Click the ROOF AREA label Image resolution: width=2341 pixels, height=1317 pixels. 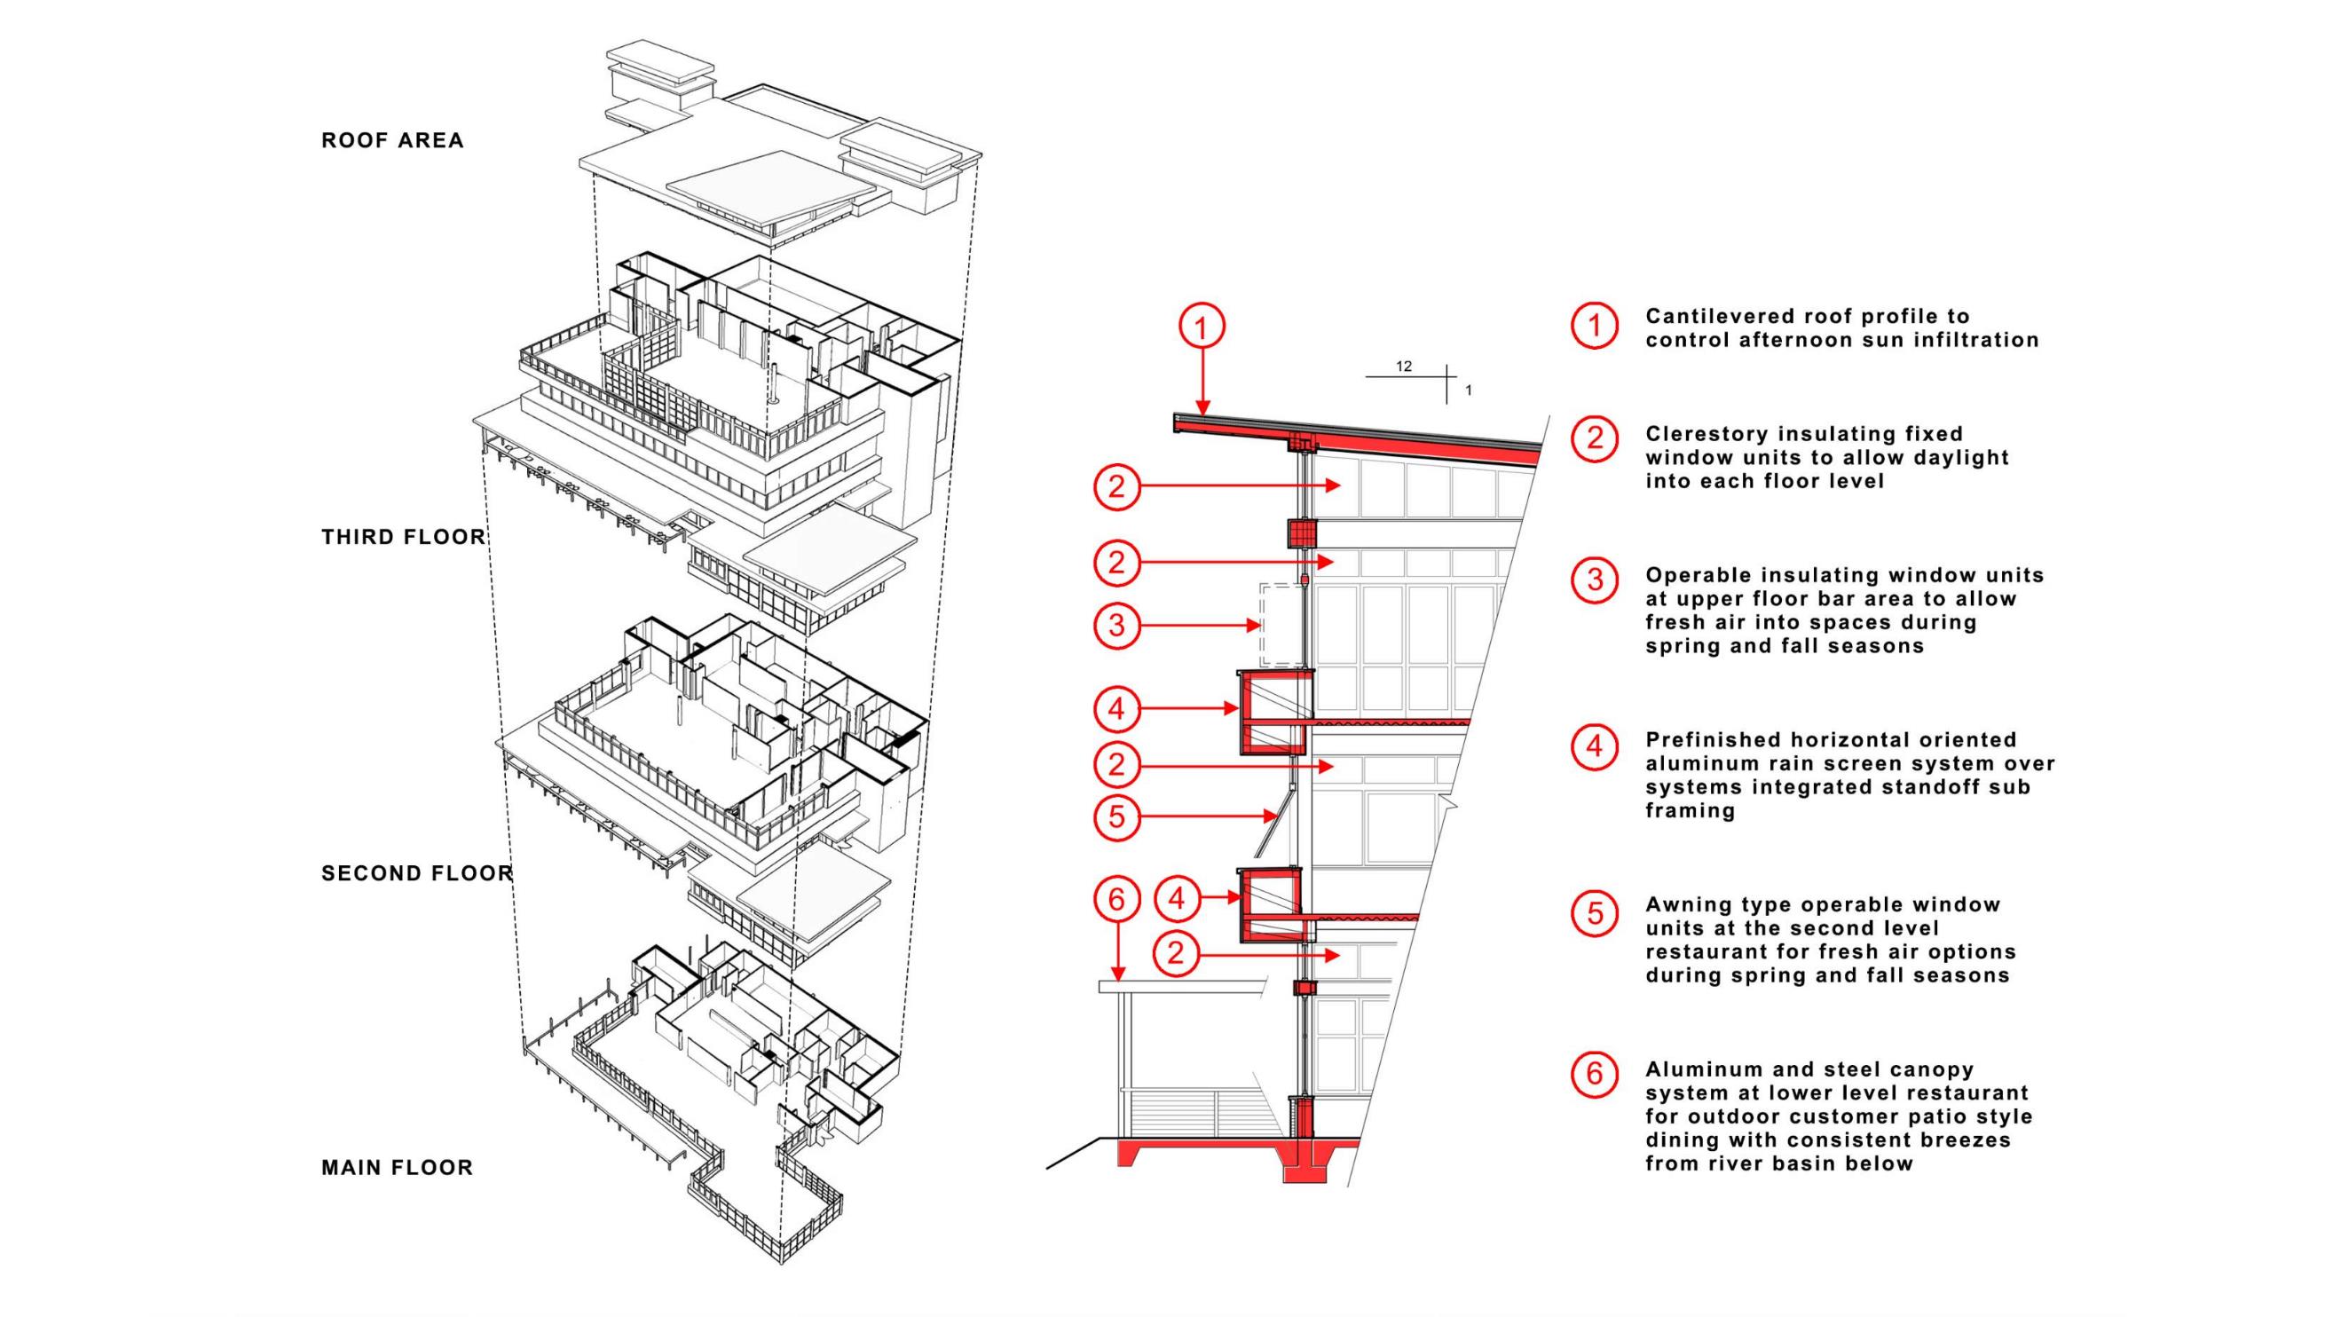click(x=392, y=140)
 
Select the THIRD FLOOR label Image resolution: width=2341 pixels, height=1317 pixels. click(x=404, y=536)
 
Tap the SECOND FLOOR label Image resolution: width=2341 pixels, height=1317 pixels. click(x=417, y=873)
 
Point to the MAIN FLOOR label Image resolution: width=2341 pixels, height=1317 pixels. click(x=398, y=1167)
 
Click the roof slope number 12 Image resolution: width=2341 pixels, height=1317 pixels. click(x=1404, y=367)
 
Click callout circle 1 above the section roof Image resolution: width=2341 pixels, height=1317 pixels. click(x=1202, y=327)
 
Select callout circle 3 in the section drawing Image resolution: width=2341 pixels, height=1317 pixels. click(x=1117, y=626)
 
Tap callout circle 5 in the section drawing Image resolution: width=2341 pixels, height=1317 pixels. click(x=1117, y=816)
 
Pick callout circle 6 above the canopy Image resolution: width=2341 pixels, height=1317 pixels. click(x=1117, y=899)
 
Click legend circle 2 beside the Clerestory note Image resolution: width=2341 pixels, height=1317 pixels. click(x=1595, y=438)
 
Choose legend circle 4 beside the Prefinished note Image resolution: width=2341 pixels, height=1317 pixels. click(x=1595, y=746)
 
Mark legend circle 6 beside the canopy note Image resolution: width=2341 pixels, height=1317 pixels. click(x=1595, y=1074)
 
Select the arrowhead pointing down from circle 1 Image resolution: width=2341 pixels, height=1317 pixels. click(x=1202, y=408)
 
